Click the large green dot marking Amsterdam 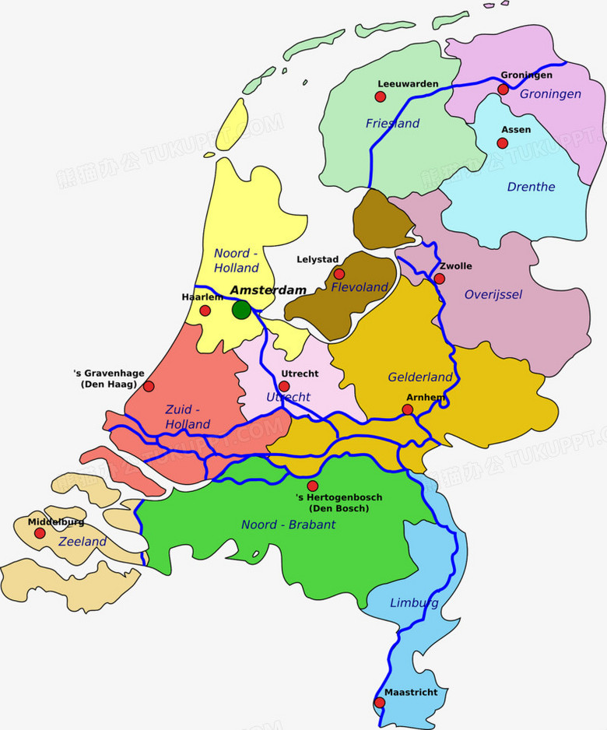[x=241, y=309]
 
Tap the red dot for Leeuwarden [x=381, y=97]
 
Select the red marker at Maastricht [x=380, y=702]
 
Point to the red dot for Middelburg [x=40, y=533]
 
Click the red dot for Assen [x=503, y=143]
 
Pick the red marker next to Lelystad [x=339, y=274]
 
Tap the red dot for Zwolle [x=440, y=278]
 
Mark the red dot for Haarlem [x=205, y=311]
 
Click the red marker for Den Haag [x=149, y=386]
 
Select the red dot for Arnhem [x=408, y=409]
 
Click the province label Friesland [x=392, y=123]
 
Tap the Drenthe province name [x=531, y=187]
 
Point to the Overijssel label [x=493, y=294]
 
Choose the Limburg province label [x=414, y=603]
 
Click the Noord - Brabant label [x=288, y=525]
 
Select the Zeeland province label [x=82, y=541]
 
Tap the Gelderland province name [x=420, y=377]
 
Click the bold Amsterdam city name [x=268, y=290]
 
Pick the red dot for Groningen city [x=503, y=89]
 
